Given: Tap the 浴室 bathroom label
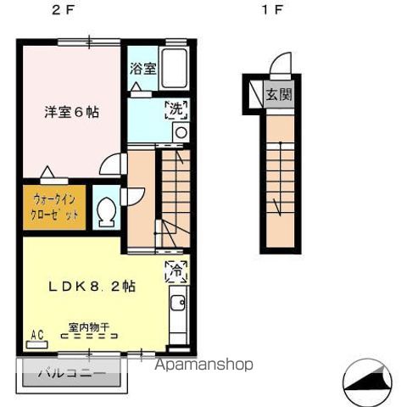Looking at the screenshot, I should (142, 70).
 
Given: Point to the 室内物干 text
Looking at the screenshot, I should (90, 326).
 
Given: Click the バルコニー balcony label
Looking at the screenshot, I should (70, 372).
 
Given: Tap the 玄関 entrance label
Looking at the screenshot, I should (279, 94).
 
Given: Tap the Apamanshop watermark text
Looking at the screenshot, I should (203, 365).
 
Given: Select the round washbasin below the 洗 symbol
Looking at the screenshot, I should (180, 131).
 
